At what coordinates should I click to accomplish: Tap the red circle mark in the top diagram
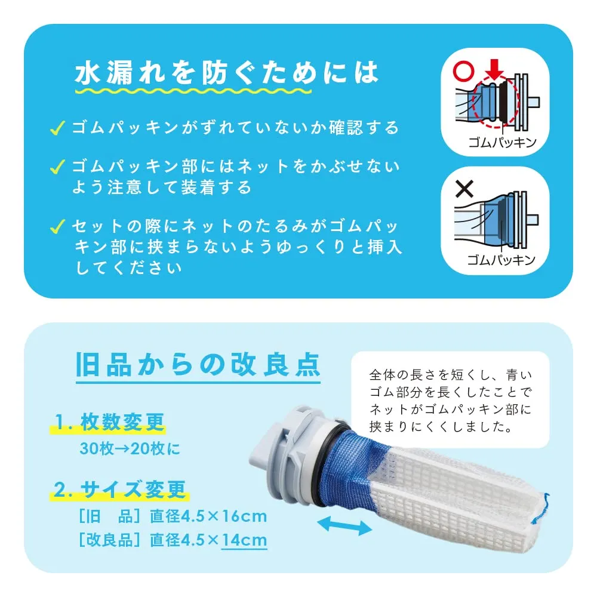(x=464, y=70)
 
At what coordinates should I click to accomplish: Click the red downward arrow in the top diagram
(x=494, y=70)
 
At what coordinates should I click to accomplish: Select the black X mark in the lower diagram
(x=464, y=189)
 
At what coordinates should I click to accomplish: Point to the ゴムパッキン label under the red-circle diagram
(x=502, y=143)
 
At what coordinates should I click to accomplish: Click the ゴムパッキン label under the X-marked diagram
(x=501, y=260)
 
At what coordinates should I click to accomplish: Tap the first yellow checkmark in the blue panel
(x=57, y=128)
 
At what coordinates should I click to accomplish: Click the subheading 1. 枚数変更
(x=109, y=422)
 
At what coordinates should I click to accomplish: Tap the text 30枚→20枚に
(x=130, y=448)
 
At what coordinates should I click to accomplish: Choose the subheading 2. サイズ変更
(x=119, y=490)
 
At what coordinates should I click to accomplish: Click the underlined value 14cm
(x=244, y=540)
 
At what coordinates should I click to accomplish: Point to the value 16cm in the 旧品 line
(x=244, y=516)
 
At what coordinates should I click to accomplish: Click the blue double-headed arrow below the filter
(x=344, y=526)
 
